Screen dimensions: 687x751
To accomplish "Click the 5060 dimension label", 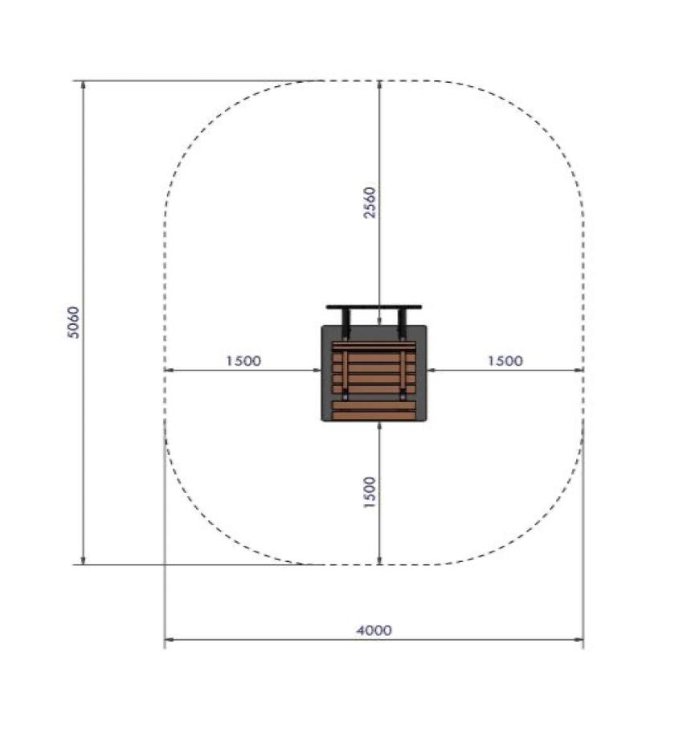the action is pyautogui.click(x=73, y=322).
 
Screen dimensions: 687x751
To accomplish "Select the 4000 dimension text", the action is pyautogui.click(x=374, y=630).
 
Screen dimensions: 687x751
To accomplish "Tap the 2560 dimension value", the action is pyautogui.click(x=370, y=203).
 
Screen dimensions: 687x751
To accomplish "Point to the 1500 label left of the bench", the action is pyautogui.click(x=243, y=361).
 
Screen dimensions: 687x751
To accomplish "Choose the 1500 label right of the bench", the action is pyautogui.click(x=505, y=361).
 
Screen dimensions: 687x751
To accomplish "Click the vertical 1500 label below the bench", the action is pyautogui.click(x=370, y=492).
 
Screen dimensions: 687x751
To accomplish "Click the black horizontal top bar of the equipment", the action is pyautogui.click(x=374, y=307).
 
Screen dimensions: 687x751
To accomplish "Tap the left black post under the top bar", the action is pyautogui.click(x=346, y=322).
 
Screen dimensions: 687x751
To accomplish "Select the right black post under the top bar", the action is pyautogui.click(x=402, y=322).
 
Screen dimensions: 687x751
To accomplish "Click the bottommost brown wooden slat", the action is pyautogui.click(x=374, y=417).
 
